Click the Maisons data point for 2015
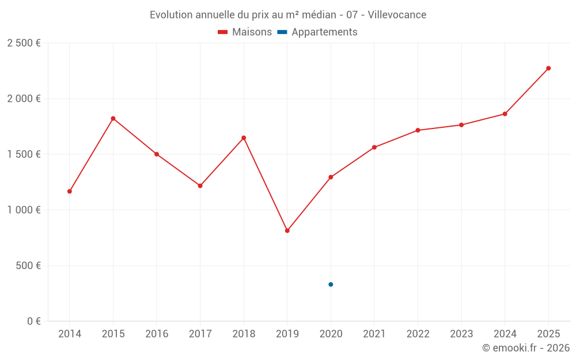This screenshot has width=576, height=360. click(x=113, y=119)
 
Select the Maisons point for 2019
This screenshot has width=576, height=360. click(x=287, y=230)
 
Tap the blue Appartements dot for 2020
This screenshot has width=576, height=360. click(x=331, y=285)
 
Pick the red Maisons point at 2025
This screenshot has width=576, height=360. click(x=548, y=69)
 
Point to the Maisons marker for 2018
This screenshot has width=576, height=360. click(x=244, y=138)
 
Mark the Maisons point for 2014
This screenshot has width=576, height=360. click(x=70, y=191)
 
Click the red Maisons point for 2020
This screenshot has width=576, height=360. click(x=331, y=177)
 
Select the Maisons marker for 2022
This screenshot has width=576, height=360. click(x=418, y=130)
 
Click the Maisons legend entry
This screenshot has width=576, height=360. click(x=245, y=32)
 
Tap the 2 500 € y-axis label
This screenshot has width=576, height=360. click(x=24, y=43)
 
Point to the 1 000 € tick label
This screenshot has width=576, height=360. click(x=24, y=210)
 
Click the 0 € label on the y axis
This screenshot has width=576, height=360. click(x=33, y=321)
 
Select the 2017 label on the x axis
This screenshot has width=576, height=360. click(x=200, y=334)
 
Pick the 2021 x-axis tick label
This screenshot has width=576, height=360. click(x=374, y=334)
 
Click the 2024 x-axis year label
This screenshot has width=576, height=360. click(x=505, y=334)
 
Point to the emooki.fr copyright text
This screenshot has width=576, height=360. click(x=526, y=348)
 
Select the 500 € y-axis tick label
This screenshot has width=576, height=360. click(x=28, y=266)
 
